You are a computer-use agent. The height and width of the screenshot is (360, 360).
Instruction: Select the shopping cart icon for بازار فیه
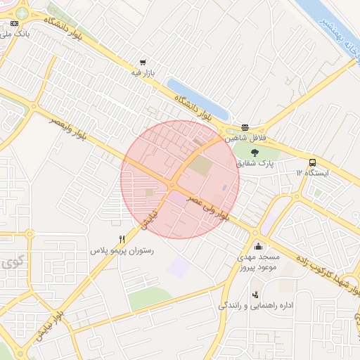[x=143, y=62]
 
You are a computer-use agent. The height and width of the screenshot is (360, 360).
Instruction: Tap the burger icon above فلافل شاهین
[x=245, y=127]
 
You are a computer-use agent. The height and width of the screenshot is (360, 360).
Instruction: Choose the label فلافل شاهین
[x=241, y=139]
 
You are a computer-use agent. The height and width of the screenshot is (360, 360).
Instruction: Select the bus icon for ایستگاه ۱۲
[x=312, y=162]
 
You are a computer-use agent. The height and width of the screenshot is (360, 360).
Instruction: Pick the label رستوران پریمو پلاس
[x=122, y=250]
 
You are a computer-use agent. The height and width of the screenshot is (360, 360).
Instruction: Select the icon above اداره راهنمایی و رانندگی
[x=255, y=294]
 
